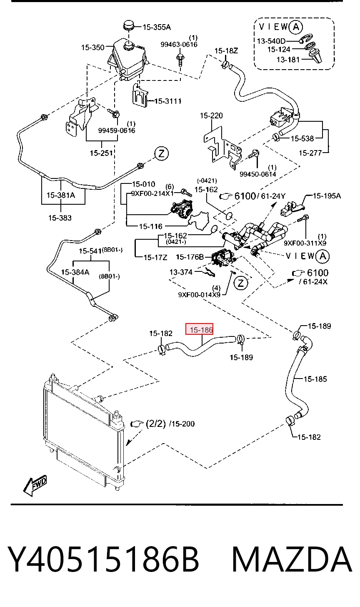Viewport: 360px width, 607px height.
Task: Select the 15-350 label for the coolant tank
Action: pyautogui.click(x=92, y=48)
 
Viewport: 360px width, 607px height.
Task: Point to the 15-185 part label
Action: pyautogui.click(x=315, y=379)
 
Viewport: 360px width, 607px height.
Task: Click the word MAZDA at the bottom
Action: pyautogui.click(x=292, y=559)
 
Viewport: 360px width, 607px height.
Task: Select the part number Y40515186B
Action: pyautogui.click(x=103, y=559)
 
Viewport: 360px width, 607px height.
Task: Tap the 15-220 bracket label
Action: pyautogui.click(x=211, y=116)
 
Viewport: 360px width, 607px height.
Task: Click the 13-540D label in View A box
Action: pyautogui.click(x=271, y=41)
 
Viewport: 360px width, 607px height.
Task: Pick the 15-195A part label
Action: pyautogui.click(x=327, y=196)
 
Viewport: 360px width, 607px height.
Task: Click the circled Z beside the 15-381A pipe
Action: pyautogui.click(x=161, y=154)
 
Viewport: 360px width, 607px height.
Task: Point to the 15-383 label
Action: pyautogui.click(x=60, y=218)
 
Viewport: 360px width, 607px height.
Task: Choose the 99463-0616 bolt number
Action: pyautogui.click(x=179, y=45)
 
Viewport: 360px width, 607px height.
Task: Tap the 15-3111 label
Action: pyautogui.click(x=168, y=101)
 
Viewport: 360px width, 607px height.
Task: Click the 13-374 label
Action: pyautogui.click(x=181, y=272)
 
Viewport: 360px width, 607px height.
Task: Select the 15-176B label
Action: pyautogui.click(x=190, y=257)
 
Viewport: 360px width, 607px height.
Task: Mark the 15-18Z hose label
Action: pyautogui.click(x=226, y=51)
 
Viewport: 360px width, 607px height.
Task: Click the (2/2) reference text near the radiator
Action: pyautogui.click(x=155, y=423)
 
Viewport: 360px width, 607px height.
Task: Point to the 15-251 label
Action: pyautogui.click(x=101, y=153)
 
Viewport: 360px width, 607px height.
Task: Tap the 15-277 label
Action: pyautogui.click(x=310, y=153)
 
